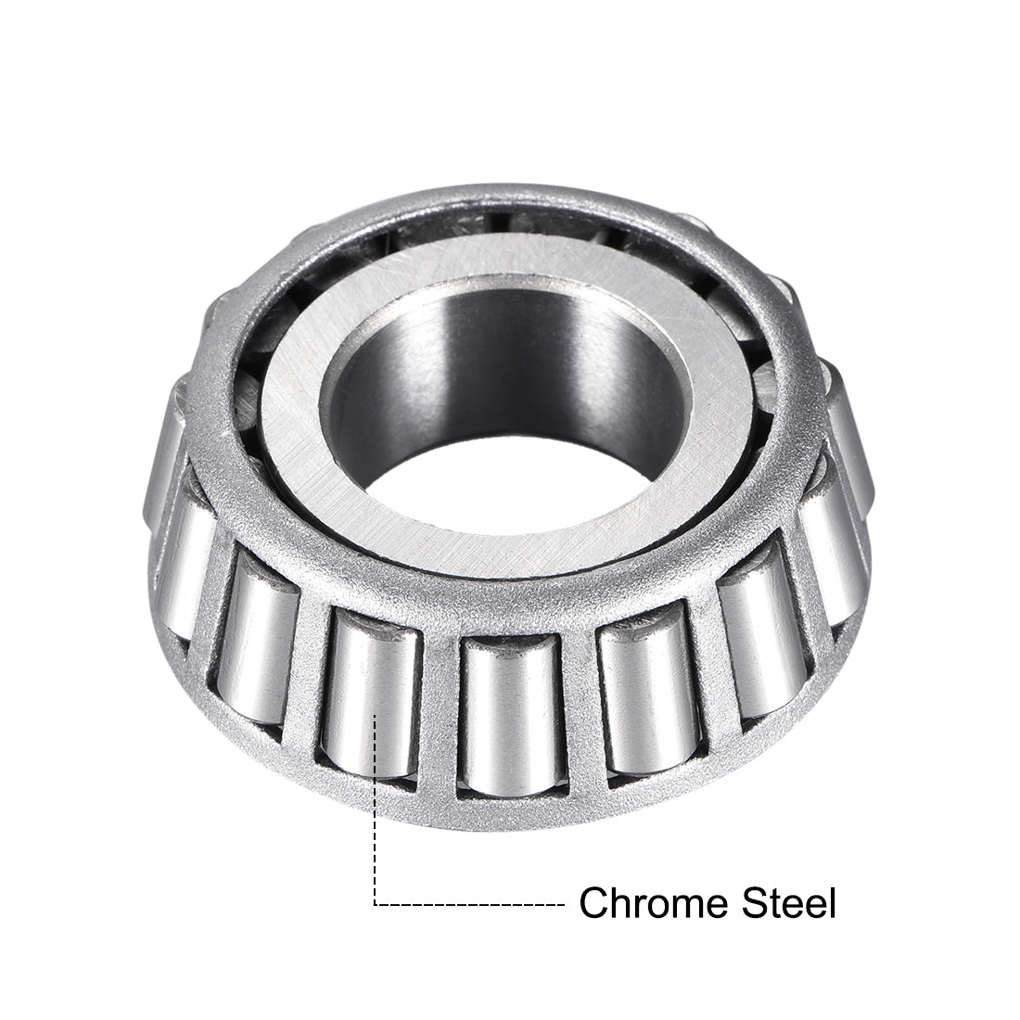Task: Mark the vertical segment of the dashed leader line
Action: (x=375, y=816)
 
